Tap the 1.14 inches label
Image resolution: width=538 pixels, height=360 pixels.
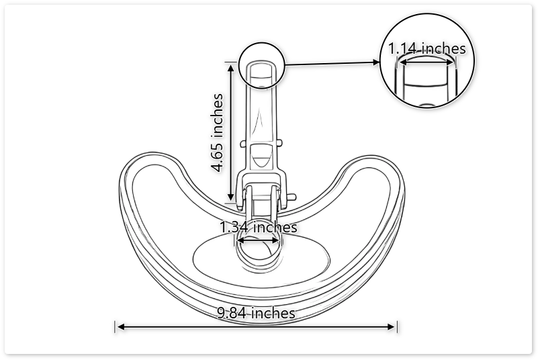427,48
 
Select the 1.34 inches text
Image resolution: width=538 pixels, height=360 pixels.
259,227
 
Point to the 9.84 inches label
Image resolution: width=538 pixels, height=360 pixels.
256,313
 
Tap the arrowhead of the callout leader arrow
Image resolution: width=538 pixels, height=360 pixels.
377,62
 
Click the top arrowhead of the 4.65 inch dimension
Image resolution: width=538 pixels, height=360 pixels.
232,66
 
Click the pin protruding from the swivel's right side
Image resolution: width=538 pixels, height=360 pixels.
292,196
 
